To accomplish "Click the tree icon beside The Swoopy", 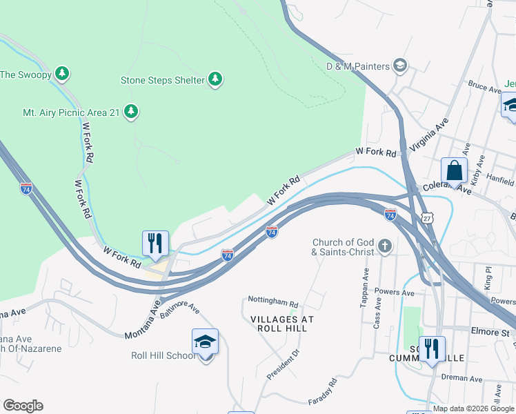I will tap(62, 72).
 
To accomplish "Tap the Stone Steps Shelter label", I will tap(163, 80).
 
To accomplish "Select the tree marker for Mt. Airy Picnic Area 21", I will tap(131, 111).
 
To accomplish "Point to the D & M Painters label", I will tap(359, 66).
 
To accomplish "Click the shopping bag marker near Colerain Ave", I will tap(454, 169).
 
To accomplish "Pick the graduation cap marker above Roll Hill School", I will tap(205, 341).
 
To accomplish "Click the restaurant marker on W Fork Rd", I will tap(155, 242).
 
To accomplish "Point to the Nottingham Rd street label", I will tap(274, 303).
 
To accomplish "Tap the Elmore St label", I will tap(489, 333).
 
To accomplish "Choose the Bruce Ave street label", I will tap(484, 88).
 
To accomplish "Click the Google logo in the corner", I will tap(23, 406).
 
